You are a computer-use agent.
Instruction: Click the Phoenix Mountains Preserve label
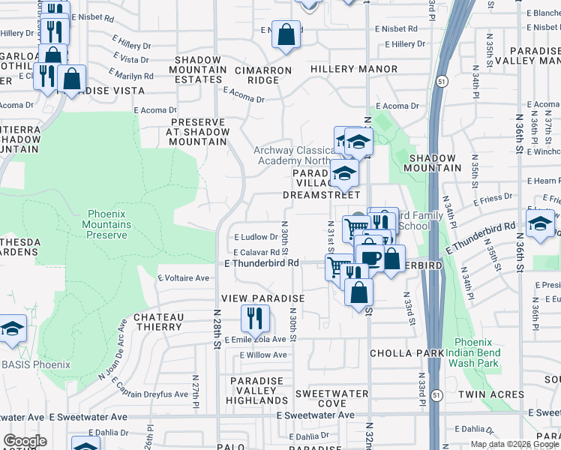pyautogui.click(x=106, y=224)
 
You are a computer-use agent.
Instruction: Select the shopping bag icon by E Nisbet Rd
pyautogui.click(x=286, y=35)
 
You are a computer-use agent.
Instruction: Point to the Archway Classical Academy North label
pyautogui.click(x=293, y=155)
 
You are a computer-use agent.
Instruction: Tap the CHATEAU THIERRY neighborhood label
pyautogui.click(x=158, y=322)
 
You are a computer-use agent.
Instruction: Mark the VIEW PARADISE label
pyautogui.click(x=266, y=298)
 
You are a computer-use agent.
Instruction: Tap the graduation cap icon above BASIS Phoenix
pyautogui.click(x=12, y=329)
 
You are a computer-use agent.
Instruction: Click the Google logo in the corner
pyautogui.click(x=25, y=442)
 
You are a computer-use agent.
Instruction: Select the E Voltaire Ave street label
pyautogui.click(x=183, y=277)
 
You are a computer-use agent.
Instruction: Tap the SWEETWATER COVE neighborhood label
pyautogui.click(x=331, y=398)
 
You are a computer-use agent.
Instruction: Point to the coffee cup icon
pyautogui.click(x=370, y=256)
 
